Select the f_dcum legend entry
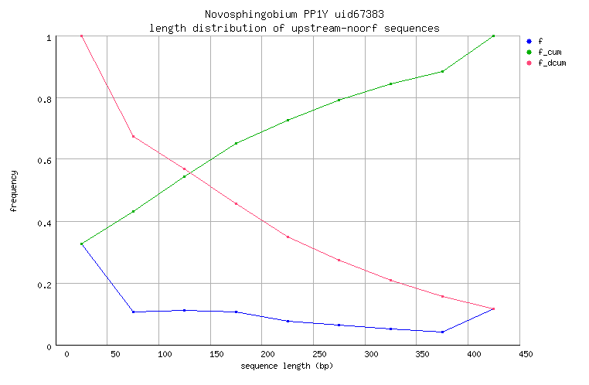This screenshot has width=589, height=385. [551, 63]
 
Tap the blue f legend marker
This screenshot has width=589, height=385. [528, 41]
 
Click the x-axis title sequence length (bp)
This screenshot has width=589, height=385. [287, 365]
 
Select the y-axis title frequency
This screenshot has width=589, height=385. [13, 191]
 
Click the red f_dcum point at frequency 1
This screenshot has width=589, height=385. [81, 36]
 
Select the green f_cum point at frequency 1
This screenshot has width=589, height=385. [493, 36]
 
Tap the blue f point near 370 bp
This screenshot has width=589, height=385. [442, 332]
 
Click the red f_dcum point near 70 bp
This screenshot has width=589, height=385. [133, 137]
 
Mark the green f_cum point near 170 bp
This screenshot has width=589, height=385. [236, 143]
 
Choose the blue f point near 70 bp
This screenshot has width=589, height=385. [133, 312]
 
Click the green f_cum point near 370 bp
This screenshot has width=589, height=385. [442, 71]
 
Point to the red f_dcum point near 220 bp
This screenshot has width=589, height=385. [288, 237]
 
